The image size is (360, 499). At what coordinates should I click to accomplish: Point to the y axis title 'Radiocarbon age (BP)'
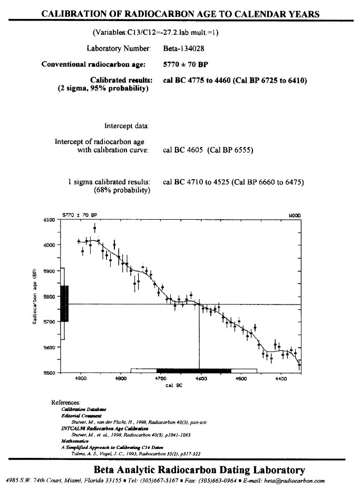pos(34,297)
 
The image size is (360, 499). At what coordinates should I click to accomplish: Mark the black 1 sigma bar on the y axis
pos(64,304)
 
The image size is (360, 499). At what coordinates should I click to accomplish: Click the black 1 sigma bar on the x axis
pos(194,370)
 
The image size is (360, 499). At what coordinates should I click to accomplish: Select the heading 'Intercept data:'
pos(127,126)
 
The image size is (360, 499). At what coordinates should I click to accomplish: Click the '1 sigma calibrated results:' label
pos(109,182)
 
